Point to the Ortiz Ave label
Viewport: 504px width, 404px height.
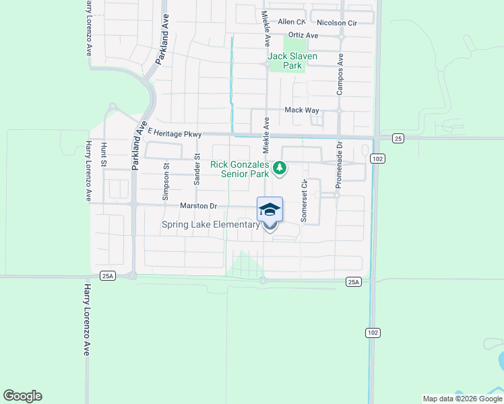pyautogui.click(x=303, y=35)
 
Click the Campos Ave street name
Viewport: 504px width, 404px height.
pyautogui.click(x=340, y=74)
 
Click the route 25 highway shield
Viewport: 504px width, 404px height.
pyautogui.click(x=398, y=138)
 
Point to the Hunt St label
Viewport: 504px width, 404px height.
pyautogui.click(x=104, y=153)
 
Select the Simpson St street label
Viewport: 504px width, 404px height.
pyautogui.click(x=165, y=181)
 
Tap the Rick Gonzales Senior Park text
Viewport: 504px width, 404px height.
pyautogui.click(x=240, y=168)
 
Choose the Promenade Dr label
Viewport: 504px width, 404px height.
pyautogui.click(x=340, y=164)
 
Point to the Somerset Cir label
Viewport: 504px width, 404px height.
pyautogui.click(x=304, y=201)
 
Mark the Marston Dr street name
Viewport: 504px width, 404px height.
pyautogui.click(x=199, y=206)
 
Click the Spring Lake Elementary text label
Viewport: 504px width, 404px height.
pyautogui.click(x=210, y=224)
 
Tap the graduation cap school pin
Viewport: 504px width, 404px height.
pyautogui.click(x=270, y=210)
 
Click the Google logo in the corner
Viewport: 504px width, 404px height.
pyautogui.click(x=22, y=396)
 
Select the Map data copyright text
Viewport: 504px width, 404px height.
pyautogui.click(x=462, y=399)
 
